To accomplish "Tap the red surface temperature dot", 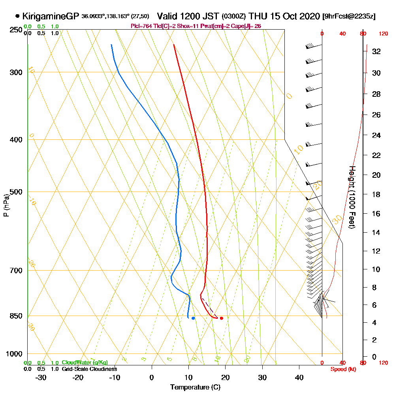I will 222,318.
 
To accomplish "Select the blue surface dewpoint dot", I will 193,318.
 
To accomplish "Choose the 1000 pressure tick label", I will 14,354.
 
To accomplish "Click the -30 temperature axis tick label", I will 41,377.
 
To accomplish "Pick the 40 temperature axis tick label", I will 299,377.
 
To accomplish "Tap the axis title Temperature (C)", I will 195,387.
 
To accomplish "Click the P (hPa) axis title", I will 6,205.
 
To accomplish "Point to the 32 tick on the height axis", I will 376,51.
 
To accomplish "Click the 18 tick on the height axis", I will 376,194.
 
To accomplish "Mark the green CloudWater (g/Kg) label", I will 85,363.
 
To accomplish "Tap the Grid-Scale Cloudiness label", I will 89,369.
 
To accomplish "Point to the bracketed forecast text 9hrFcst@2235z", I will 349,17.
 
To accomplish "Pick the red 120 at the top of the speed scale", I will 383,34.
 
